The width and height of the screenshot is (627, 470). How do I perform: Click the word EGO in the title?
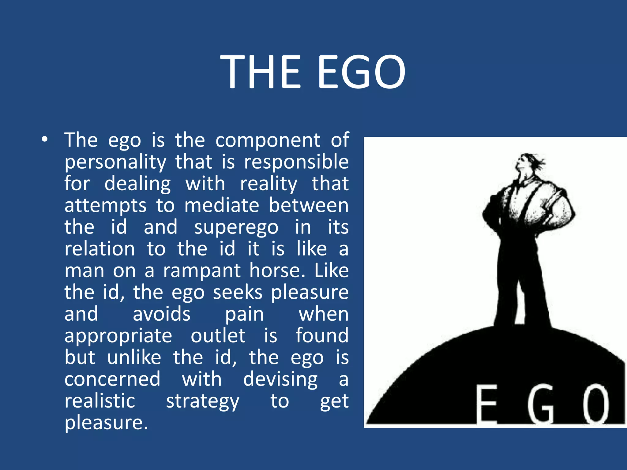tap(361, 72)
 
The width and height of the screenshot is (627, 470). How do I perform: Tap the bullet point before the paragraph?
tap(45, 140)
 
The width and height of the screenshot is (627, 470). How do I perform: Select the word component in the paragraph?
tap(268, 141)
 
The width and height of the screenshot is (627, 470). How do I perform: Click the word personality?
tap(115, 162)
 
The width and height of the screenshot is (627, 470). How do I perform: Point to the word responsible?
tap(296, 162)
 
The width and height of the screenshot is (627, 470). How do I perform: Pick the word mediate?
tap(222, 205)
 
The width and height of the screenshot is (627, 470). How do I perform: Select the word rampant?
tap(202, 271)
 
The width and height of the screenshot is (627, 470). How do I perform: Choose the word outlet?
tap(218, 336)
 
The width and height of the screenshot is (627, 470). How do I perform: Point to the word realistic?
tap(100, 401)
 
